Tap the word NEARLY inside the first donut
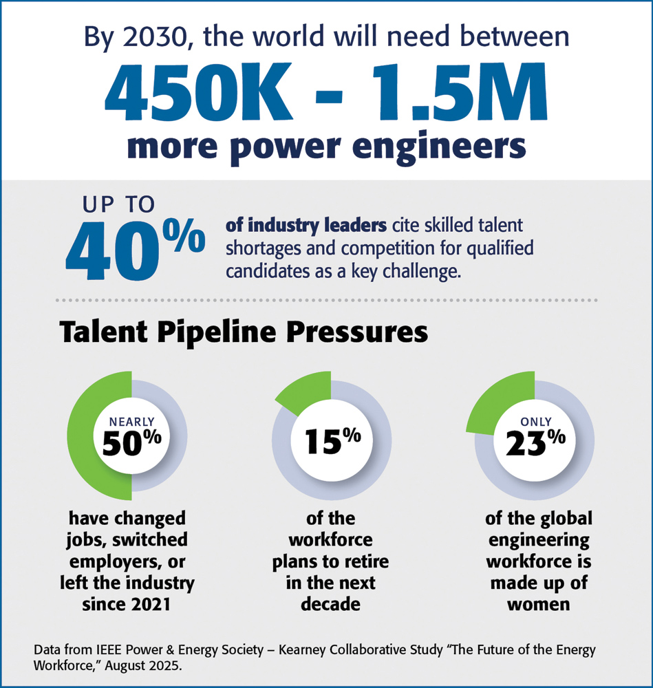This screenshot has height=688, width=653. click(x=131, y=421)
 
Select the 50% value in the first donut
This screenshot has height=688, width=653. click(x=131, y=443)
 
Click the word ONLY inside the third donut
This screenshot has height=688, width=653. click(x=535, y=421)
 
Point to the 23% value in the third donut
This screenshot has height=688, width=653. click(x=535, y=443)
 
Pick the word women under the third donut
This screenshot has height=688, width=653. click(x=538, y=605)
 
